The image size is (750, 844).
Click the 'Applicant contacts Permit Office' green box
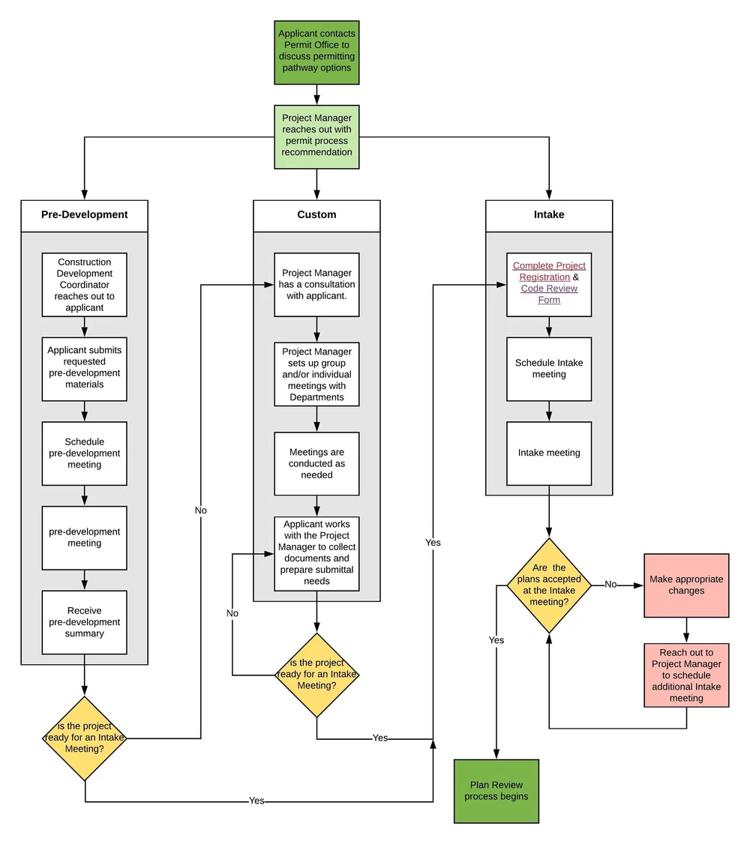(x=316, y=52)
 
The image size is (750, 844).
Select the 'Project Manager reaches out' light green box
(x=316, y=136)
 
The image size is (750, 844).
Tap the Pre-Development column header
(x=84, y=215)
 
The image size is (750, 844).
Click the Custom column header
(x=316, y=215)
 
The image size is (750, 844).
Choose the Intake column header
(x=549, y=215)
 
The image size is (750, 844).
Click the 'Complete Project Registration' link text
(x=549, y=271)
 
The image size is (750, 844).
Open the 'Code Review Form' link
(x=549, y=294)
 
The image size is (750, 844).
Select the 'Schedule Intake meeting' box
(x=549, y=369)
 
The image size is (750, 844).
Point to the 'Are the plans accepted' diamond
(x=549, y=585)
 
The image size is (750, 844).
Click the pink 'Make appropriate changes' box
(x=686, y=585)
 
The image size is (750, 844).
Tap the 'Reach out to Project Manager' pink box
(x=686, y=675)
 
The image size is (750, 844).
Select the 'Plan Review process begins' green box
(x=496, y=791)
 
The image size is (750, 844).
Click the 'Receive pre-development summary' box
(x=84, y=622)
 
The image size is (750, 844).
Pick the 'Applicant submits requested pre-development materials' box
(x=84, y=367)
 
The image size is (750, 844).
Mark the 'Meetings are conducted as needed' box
(x=316, y=463)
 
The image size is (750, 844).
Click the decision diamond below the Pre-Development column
(x=85, y=738)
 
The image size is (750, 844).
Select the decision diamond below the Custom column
(x=316, y=675)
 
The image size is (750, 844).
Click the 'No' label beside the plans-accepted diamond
(x=610, y=585)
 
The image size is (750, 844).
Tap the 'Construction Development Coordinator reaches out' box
(x=84, y=285)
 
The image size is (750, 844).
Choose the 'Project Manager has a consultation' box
(x=316, y=285)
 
